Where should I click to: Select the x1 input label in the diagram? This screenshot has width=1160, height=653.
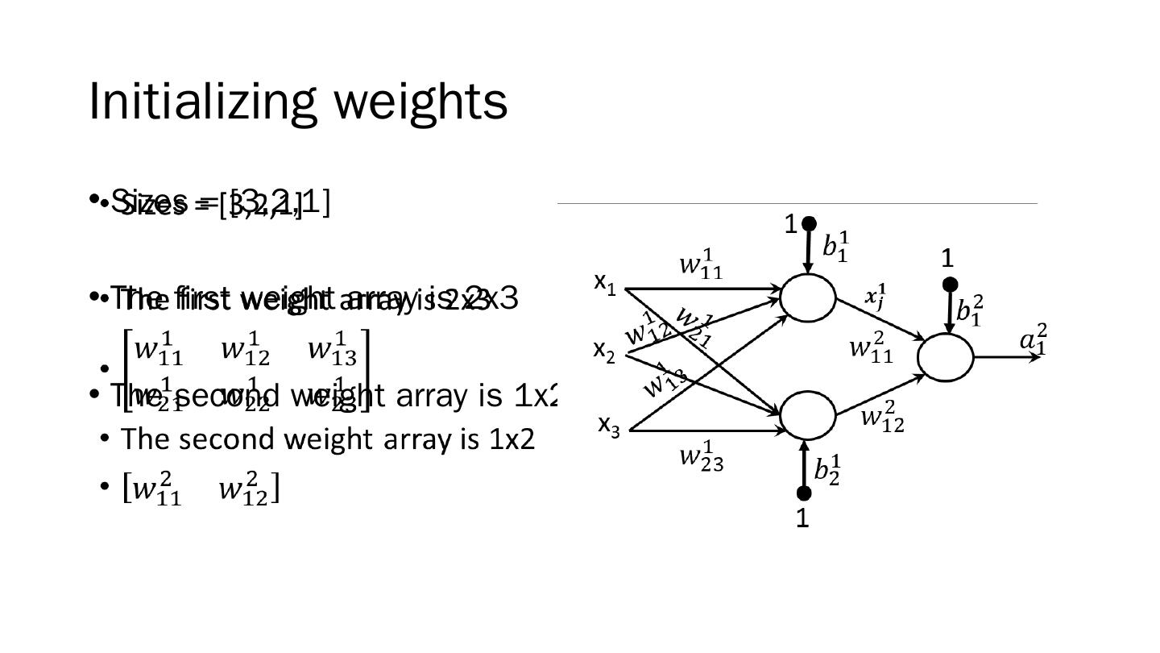(605, 283)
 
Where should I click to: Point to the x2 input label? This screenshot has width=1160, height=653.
(604, 350)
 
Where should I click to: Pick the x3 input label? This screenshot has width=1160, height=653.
(608, 425)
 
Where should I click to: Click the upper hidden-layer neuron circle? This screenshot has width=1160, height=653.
(807, 297)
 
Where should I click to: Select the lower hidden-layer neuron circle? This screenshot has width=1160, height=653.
(807, 415)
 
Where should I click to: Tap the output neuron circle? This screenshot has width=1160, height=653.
(945, 356)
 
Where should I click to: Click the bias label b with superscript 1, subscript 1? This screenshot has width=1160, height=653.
(835, 246)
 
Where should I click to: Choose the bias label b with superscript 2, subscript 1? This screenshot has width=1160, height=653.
(969, 310)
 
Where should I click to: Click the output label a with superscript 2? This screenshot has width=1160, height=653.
(1034, 339)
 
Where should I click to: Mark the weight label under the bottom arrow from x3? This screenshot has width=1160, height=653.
(701, 457)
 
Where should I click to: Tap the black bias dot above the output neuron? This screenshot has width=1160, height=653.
(950, 285)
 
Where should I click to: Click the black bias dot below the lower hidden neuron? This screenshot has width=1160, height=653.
(803, 493)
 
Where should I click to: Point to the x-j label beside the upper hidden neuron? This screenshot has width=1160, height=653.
(876, 296)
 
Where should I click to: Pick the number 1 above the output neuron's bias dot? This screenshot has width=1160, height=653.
(947, 259)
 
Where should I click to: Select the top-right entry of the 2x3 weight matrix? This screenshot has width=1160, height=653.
(332, 350)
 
